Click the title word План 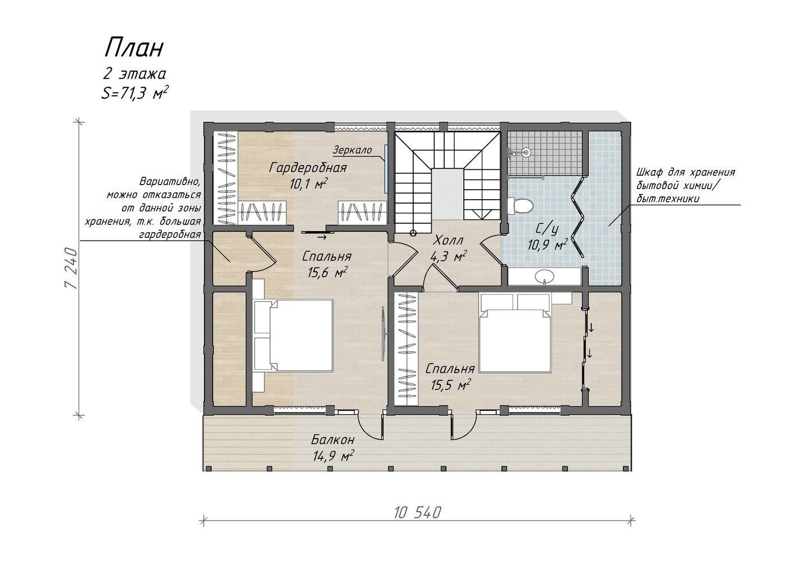click(134, 48)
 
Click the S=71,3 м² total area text click(134, 94)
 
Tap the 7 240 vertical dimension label click(71, 268)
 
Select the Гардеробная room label click(307, 168)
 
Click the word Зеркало click(352, 150)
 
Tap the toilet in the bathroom click(519, 205)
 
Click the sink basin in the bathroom click(544, 276)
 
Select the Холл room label click(448, 241)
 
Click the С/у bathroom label click(547, 229)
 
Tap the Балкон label click(332, 440)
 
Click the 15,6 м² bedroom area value click(326, 272)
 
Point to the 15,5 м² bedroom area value click(450, 385)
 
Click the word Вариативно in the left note click(170, 182)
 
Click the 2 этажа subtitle click(134, 74)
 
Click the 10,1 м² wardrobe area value click(308, 184)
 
